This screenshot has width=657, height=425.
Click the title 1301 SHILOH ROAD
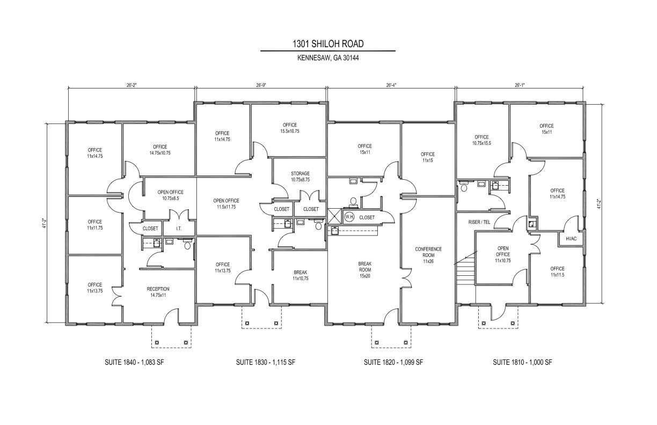pos(327,43)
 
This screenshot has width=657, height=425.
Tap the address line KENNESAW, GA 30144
pos(327,58)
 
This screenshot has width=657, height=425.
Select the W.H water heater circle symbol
pos(349,217)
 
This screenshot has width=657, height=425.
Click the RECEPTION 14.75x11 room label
pos(158,292)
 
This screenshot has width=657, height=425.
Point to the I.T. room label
pos(179,229)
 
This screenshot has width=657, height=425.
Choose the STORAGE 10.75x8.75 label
pos(300,177)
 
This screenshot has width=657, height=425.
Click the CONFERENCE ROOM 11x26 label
pos(428,255)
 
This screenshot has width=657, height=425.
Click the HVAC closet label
pos(571,238)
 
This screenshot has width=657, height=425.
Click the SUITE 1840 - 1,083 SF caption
pos(134,362)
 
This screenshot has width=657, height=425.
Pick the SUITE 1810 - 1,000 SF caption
pos(522,362)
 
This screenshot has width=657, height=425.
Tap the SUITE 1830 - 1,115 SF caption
pos(265,362)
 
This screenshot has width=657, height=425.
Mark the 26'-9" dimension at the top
pos(261,85)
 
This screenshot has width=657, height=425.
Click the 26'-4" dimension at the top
pos(391,85)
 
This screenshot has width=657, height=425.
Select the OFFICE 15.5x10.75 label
pos(289,128)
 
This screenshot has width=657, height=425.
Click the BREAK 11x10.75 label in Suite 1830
pos(300,275)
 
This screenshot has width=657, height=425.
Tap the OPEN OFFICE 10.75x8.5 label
pos(170,195)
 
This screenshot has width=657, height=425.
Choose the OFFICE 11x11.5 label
pos(557,272)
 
